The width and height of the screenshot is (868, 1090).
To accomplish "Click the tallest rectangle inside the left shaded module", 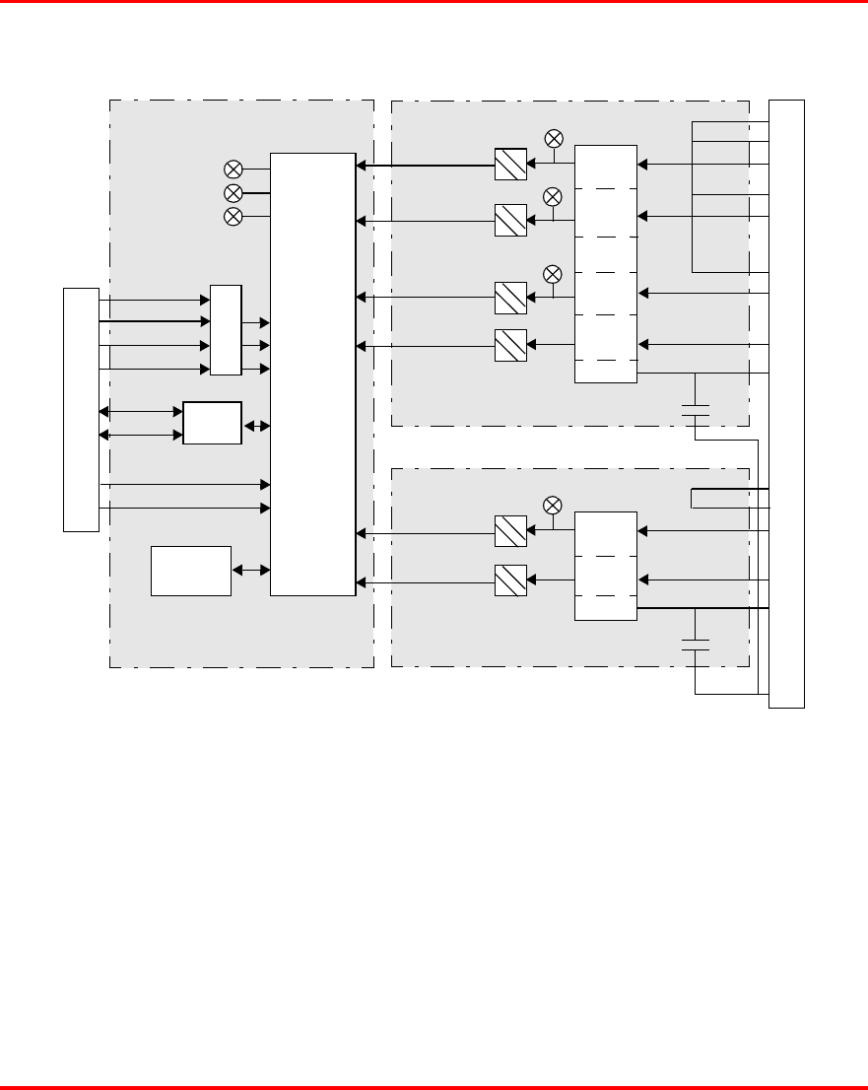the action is pos(312,374).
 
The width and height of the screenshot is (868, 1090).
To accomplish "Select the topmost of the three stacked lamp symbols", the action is pos(234,168).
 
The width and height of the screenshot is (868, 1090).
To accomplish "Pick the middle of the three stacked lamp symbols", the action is pos(234,191).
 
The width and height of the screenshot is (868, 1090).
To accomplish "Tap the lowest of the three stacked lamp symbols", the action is pos(234,216).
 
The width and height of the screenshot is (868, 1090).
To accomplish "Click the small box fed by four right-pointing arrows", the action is pos(226,330).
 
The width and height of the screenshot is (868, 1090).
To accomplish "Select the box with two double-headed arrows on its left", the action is pos(212,423).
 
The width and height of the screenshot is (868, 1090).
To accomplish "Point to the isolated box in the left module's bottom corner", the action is pos(191,570).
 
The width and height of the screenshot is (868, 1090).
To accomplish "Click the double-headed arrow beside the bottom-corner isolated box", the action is pos(250,570).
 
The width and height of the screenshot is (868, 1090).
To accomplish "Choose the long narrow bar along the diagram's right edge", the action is pos(786,403).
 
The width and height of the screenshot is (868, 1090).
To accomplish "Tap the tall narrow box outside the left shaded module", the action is pos(81,409).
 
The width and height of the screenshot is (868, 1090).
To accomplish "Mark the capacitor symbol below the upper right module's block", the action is pos(696,410).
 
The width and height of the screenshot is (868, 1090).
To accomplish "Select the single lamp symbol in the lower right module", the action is pos(553,506).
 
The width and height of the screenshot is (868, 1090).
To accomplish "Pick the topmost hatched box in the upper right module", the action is pos(510,164).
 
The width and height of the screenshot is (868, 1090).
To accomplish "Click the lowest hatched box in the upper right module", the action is pos(510,344).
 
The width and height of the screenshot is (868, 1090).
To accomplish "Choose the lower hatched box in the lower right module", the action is pos(510,580).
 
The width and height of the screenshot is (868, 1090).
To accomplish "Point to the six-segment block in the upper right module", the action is pos(606,264).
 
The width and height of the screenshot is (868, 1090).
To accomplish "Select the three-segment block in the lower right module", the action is pos(606,566).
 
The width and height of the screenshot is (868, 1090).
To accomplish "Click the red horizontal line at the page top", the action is pos(434,2).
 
